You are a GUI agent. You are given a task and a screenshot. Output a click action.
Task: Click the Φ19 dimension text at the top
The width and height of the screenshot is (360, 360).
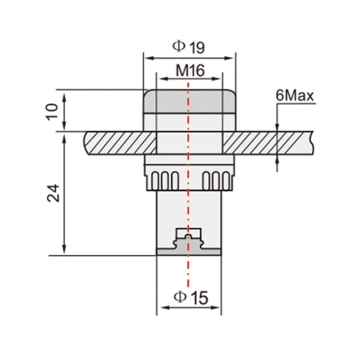coord(188,47)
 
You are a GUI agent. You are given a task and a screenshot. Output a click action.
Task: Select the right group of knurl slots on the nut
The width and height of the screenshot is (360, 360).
coord(215,180)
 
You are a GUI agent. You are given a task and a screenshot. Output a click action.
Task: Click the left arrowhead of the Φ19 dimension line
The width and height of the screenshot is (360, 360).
coord(148,56)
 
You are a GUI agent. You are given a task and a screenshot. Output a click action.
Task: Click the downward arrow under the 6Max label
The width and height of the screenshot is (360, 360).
coord(277,127)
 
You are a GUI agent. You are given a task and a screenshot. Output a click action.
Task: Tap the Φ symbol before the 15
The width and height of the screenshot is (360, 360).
coord(179,296)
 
